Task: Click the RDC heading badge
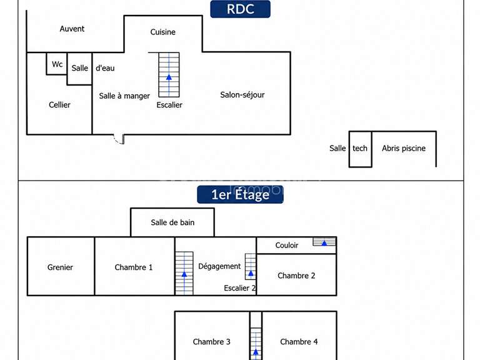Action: click(x=240, y=9)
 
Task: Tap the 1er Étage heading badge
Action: click(x=240, y=194)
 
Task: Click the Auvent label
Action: click(x=72, y=29)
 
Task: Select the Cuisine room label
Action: click(x=163, y=32)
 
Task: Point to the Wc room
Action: click(x=57, y=64)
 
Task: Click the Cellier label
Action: click(x=59, y=105)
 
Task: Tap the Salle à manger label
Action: click(x=124, y=96)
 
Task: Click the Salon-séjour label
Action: click(x=242, y=95)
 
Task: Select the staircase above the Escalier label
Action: click(x=169, y=75)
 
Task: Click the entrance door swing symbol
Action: click(x=119, y=139)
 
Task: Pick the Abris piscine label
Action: click(x=404, y=149)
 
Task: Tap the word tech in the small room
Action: click(x=360, y=149)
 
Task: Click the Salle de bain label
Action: click(x=172, y=222)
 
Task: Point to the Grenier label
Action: click(x=60, y=267)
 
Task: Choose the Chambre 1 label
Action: click(x=134, y=267)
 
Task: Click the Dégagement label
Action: click(x=219, y=266)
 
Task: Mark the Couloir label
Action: click(x=286, y=245)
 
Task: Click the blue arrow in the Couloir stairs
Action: click(x=324, y=243)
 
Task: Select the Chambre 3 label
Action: click(x=211, y=342)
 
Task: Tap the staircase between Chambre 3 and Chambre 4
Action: click(x=256, y=344)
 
